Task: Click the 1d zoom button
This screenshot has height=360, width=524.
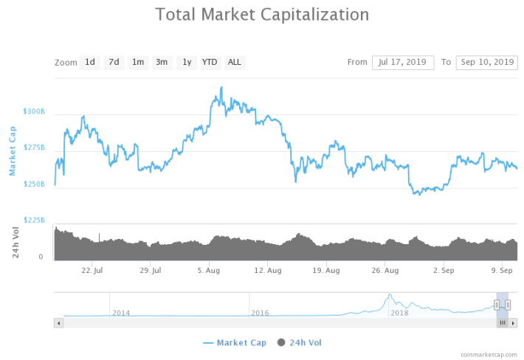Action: click(90, 63)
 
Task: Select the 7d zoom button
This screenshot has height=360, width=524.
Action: click(114, 63)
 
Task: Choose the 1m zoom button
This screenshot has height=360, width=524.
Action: click(138, 63)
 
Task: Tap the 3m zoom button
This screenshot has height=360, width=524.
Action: click(162, 63)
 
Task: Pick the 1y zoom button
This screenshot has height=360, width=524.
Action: click(187, 63)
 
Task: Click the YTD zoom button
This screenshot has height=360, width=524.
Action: click(210, 63)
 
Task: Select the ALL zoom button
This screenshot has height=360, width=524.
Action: click(235, 63)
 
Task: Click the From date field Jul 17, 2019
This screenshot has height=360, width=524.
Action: click(403, 63)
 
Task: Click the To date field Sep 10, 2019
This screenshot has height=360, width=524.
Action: click(487, 63)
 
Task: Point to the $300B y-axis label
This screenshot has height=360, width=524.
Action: click(34, 111)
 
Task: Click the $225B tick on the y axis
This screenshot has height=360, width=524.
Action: click(34, 220)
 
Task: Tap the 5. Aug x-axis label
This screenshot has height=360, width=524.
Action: click(209, 271)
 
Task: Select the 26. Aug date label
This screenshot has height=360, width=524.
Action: click(385, 271)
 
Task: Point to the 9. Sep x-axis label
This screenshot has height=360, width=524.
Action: click(502, 271)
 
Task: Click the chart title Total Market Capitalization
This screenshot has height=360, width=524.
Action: click(262, 15)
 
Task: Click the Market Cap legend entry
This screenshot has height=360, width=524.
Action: click(235, 343)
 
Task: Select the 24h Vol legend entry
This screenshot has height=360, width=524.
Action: click(300, 343)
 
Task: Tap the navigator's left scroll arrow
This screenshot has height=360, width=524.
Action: click(59, 323)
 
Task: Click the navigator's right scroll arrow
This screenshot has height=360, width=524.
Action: click(513, 323)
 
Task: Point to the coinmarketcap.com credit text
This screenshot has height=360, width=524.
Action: click(489, 355)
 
